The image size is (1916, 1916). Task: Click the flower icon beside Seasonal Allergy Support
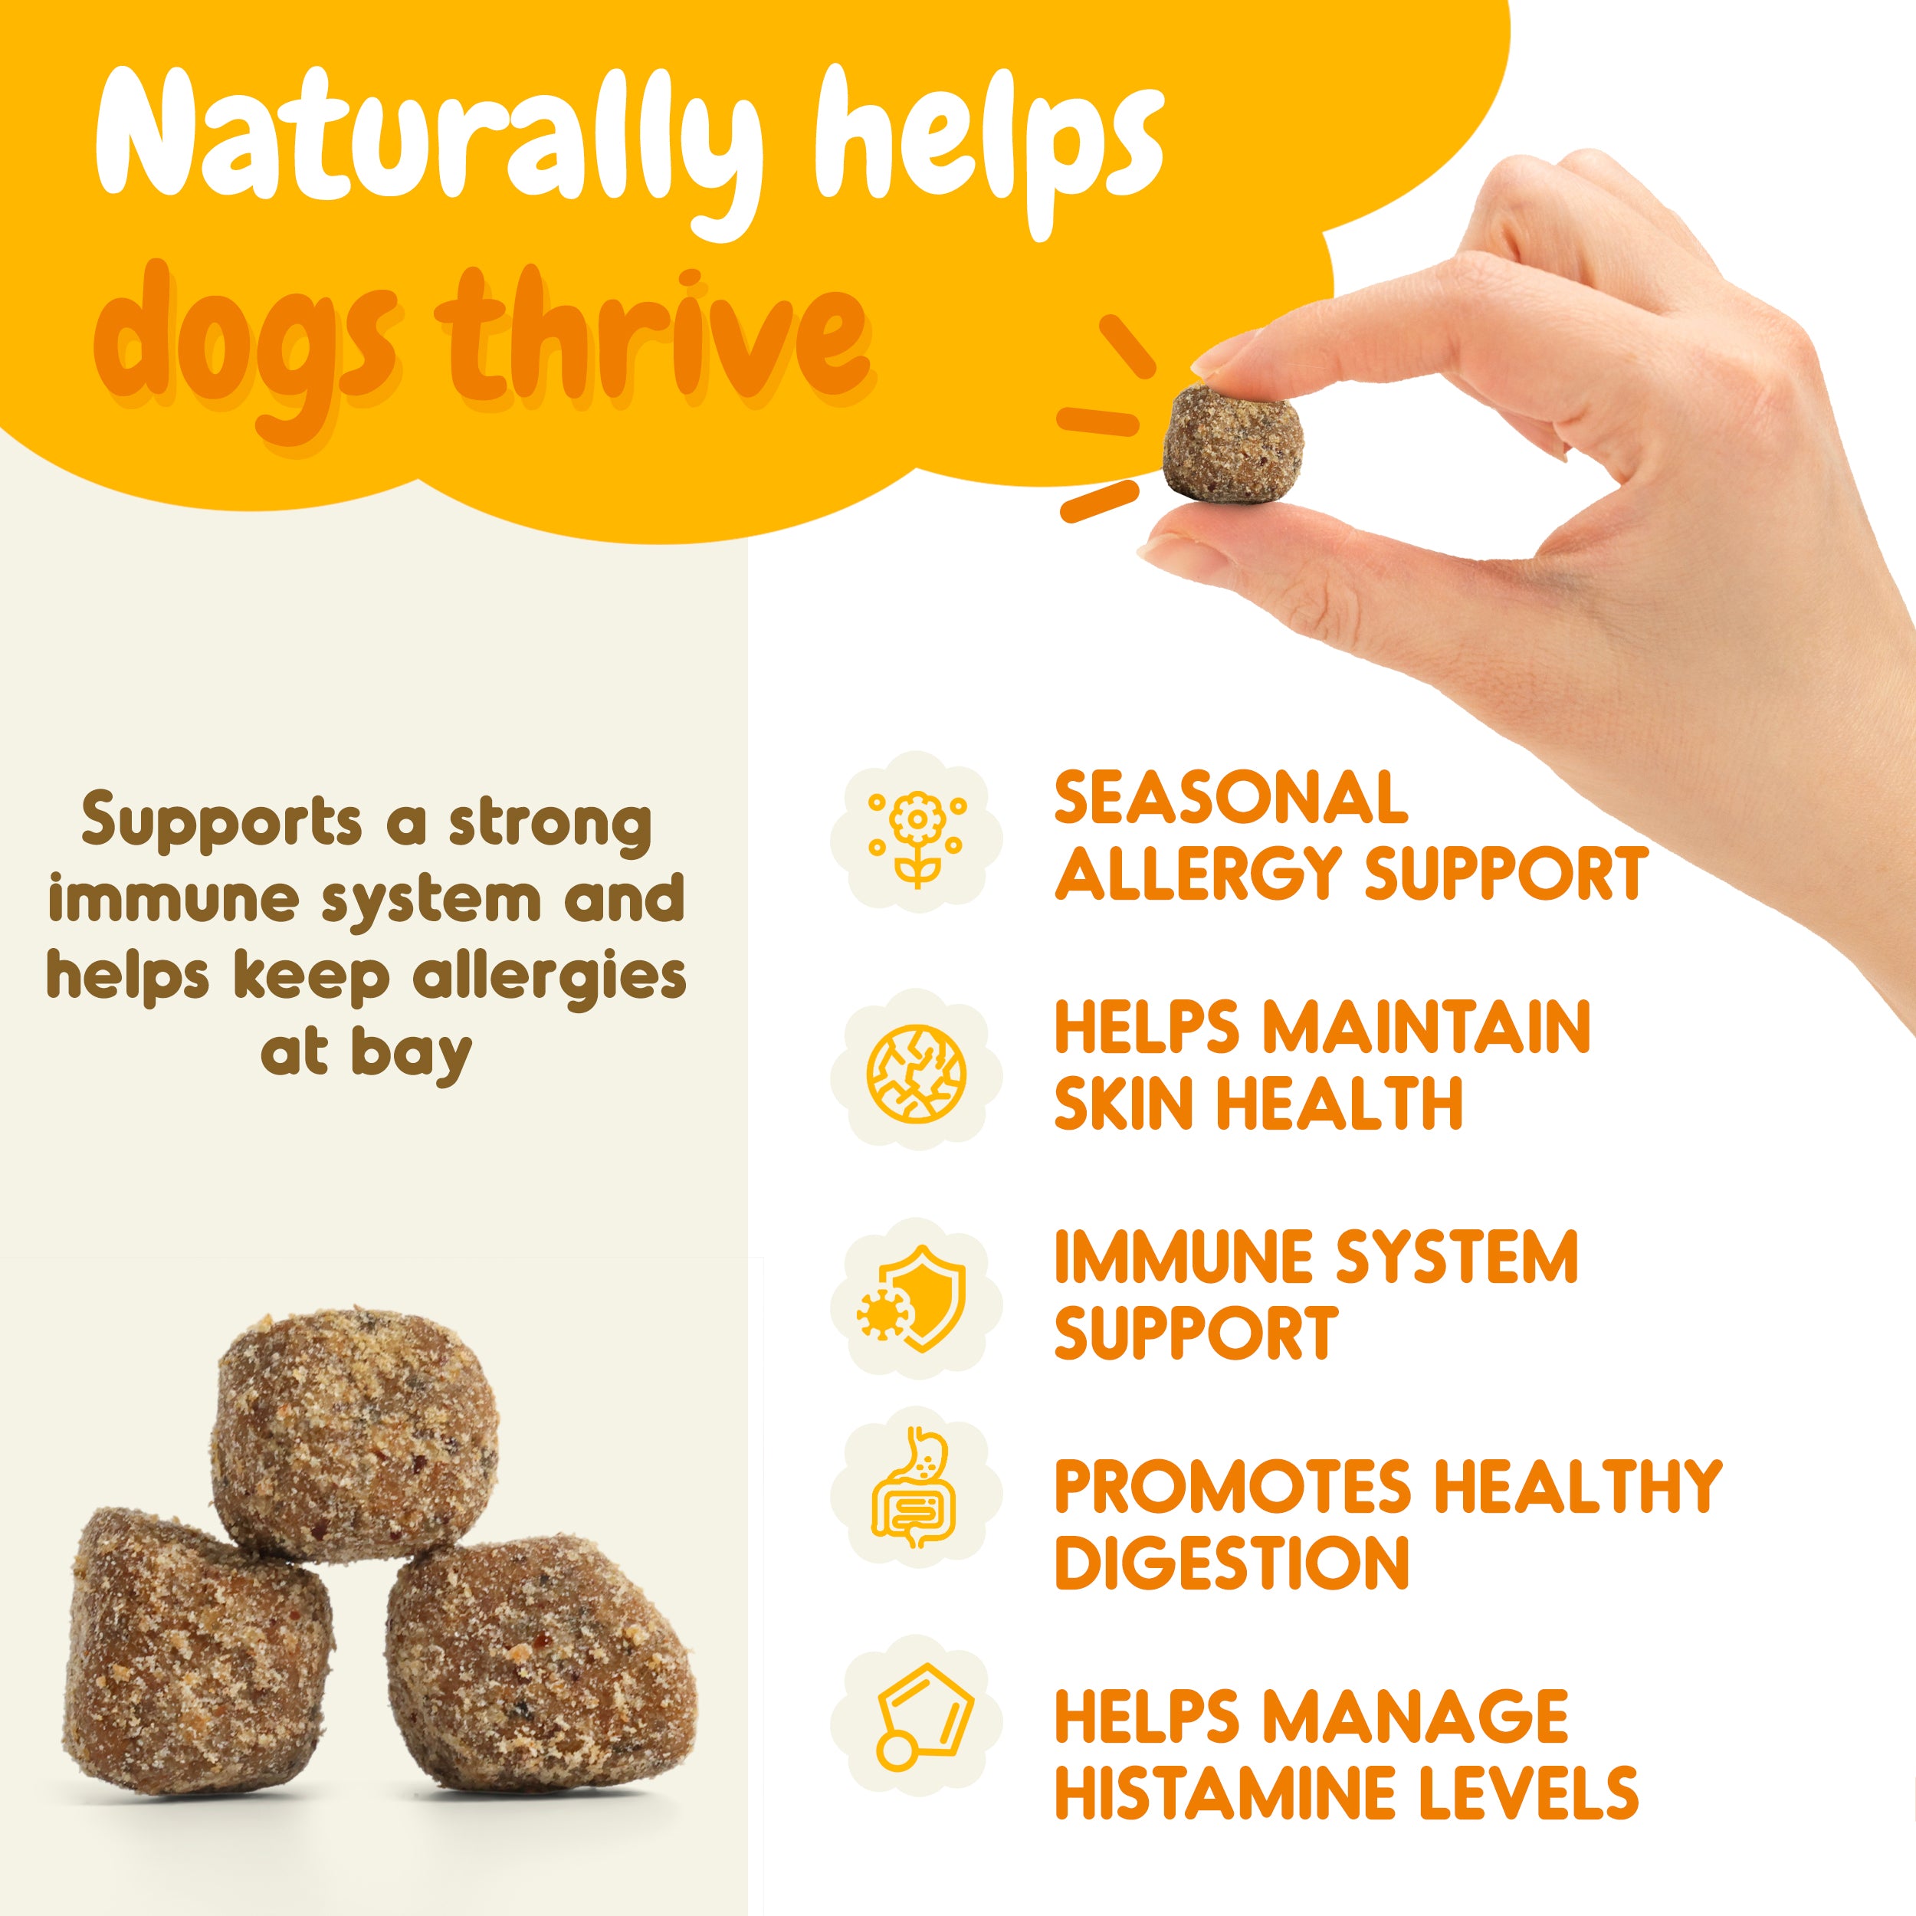(x=917, y=838)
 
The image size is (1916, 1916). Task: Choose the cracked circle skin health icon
(x=917, y=1073)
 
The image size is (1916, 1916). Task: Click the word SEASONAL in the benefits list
(x=1231, y=799)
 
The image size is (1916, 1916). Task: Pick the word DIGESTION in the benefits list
(x=1232, y=1563)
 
